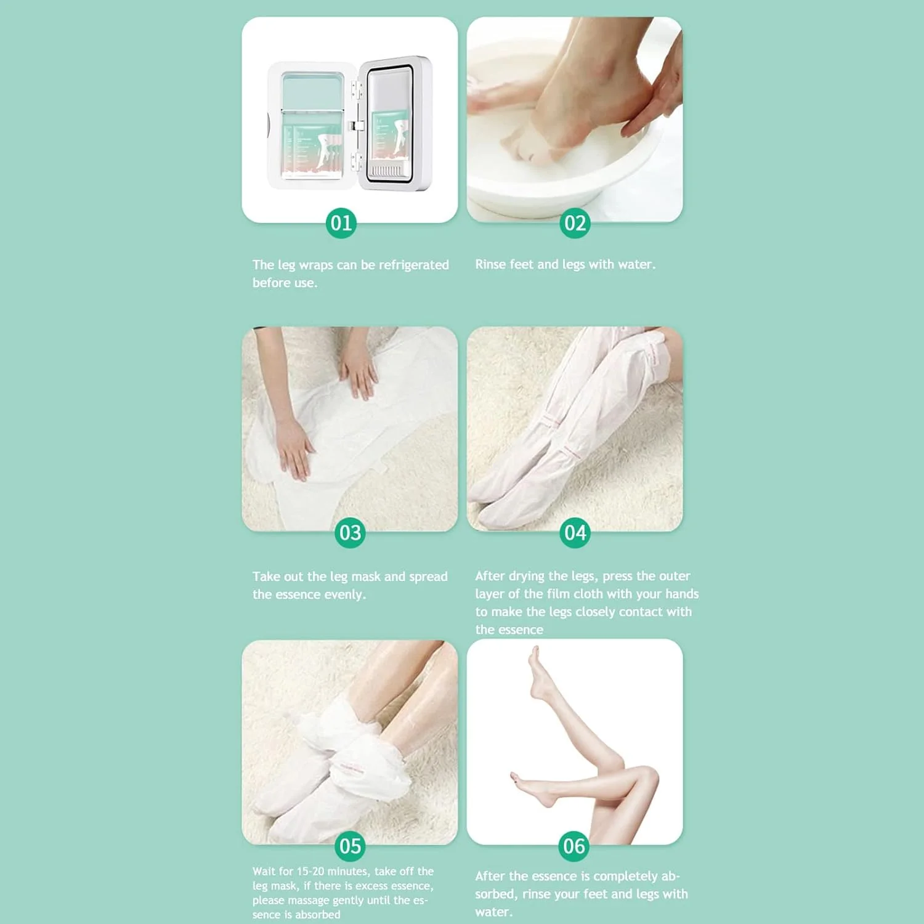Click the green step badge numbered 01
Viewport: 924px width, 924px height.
341,223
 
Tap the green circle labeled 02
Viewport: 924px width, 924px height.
575,223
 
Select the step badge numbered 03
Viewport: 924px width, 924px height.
350,533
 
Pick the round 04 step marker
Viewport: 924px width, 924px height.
575,533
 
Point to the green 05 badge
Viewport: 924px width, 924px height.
350,846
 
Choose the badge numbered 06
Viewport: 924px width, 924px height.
574,846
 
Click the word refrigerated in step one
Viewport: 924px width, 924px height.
413,265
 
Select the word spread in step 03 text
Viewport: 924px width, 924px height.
428,577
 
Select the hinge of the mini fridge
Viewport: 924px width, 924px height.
356,126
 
